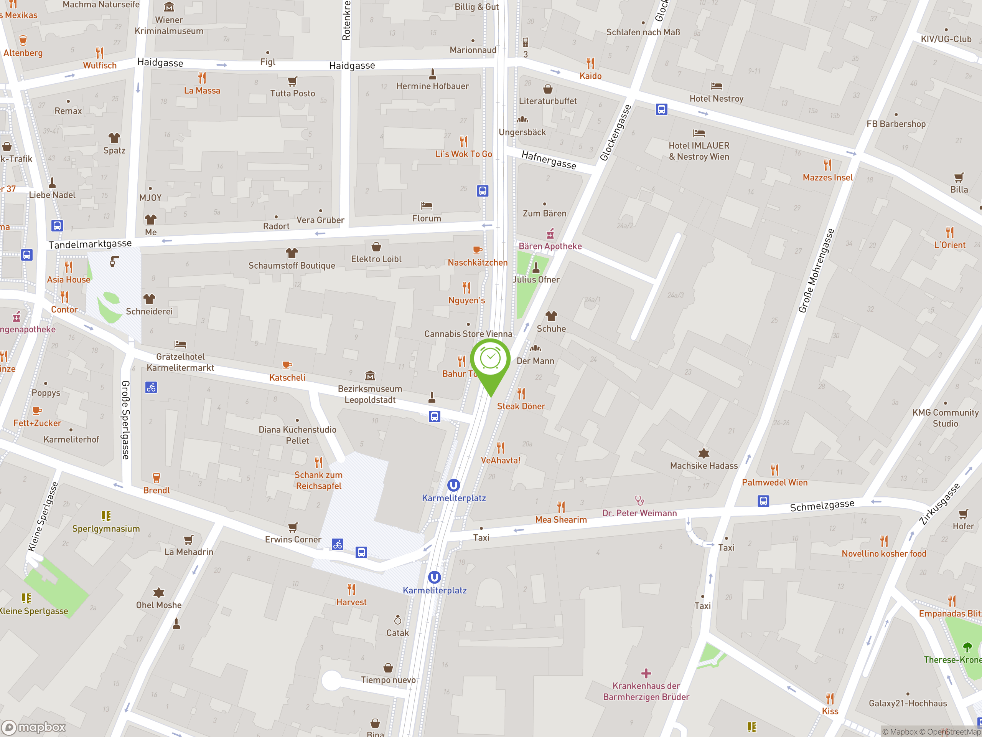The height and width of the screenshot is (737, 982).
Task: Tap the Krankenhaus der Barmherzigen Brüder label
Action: tap(646, 691)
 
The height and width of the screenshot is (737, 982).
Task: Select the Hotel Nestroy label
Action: tap(716, 99)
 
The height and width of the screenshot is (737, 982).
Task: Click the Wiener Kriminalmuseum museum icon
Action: tap(169, 7)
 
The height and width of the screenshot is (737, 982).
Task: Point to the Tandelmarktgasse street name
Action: tap(90, 244)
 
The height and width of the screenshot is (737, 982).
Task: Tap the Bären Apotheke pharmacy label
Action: tap(550, 246)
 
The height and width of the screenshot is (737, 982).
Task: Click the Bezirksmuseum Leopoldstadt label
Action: tap(370, 394)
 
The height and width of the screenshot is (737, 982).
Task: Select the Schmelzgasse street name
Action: tap(822, 506)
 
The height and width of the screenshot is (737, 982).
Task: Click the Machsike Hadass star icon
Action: tap(704, 453)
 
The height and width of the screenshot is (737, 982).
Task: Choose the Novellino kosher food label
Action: tap(884, 554)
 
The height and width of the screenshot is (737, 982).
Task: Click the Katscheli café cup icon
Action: tap(287, 365)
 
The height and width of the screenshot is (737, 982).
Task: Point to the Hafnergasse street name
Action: tap(549, 160)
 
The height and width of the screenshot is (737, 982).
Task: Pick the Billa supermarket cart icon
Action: tap(959, 178)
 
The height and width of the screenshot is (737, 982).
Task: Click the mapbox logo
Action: tap(34, 727)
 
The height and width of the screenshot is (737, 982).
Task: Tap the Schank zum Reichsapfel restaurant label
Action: tap(318, 480)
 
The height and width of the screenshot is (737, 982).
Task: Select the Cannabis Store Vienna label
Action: tap(468, 334)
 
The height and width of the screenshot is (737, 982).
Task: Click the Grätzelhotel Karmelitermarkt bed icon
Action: tap(180, 344)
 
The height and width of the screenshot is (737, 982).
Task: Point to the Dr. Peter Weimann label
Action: tap(639, 513)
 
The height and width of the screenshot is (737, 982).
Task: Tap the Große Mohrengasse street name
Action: tap(816, 271)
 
